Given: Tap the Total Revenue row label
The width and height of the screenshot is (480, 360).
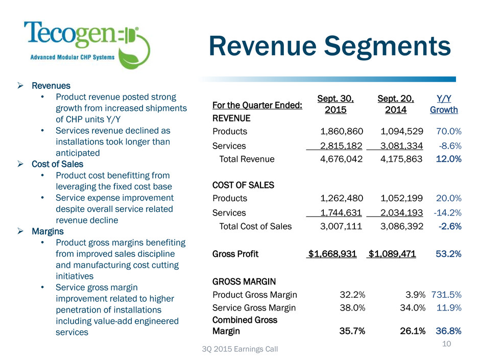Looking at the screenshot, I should click(x=247, y=159).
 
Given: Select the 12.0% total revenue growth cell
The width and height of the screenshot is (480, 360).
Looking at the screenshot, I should click(x=449, y=159).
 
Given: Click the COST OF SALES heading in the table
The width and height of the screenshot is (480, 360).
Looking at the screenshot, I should click(x=243, y=185).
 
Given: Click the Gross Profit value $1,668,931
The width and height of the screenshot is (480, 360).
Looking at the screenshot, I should click(x=331, y=254).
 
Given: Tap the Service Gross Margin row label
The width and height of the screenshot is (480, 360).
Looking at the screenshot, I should click(x=254, y=307).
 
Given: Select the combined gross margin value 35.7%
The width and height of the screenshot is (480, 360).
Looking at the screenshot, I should click(x=352, y=331).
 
